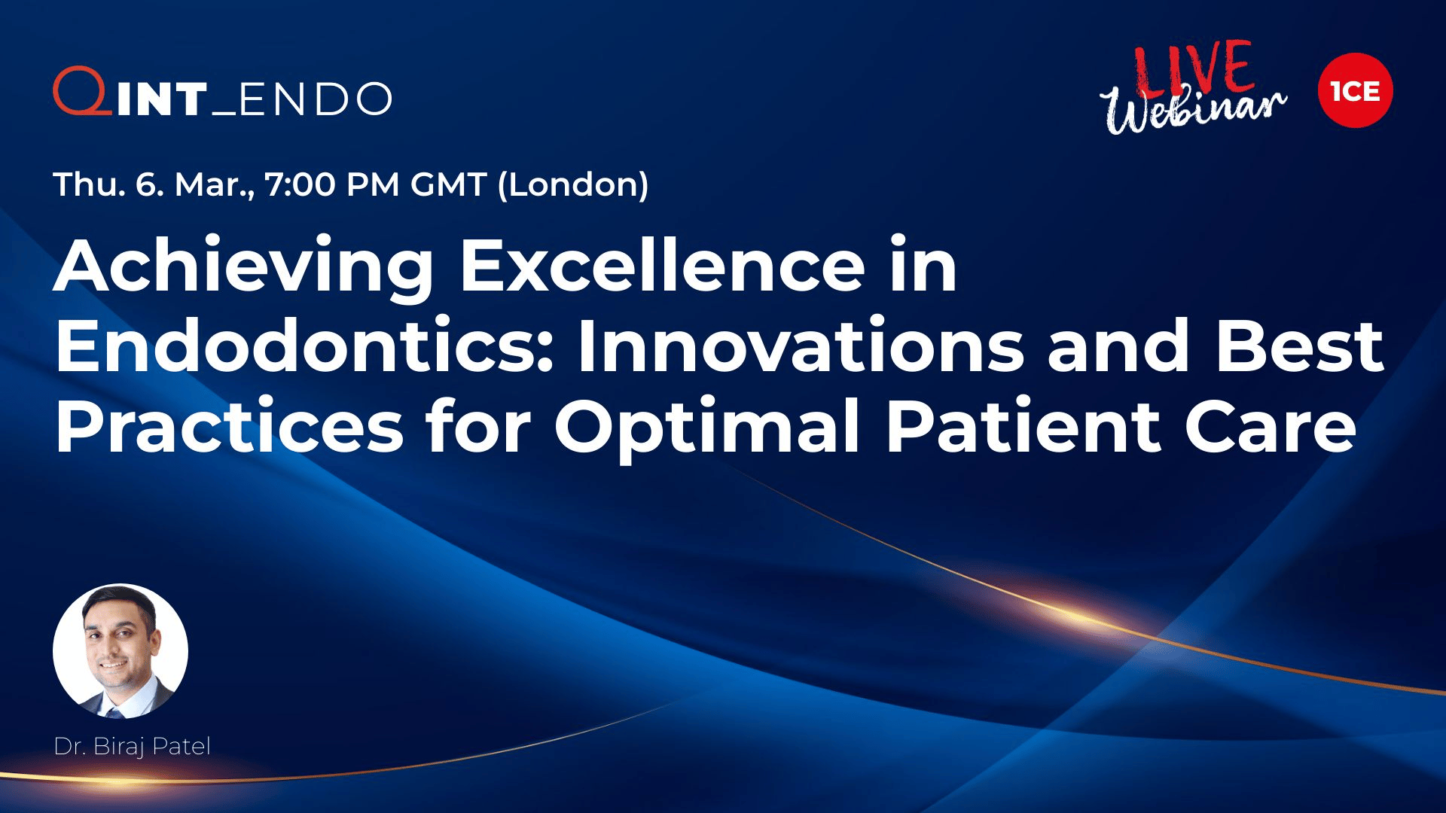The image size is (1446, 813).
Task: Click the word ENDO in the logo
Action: [315, 99]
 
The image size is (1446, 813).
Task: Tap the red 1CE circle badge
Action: [1355, 90]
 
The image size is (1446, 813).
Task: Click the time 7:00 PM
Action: [331, 184]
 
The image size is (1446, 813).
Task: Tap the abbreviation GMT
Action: [448, 184]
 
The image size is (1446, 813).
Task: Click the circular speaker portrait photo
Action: [120, 651]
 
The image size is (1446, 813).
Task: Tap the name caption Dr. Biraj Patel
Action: [133, 747]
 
